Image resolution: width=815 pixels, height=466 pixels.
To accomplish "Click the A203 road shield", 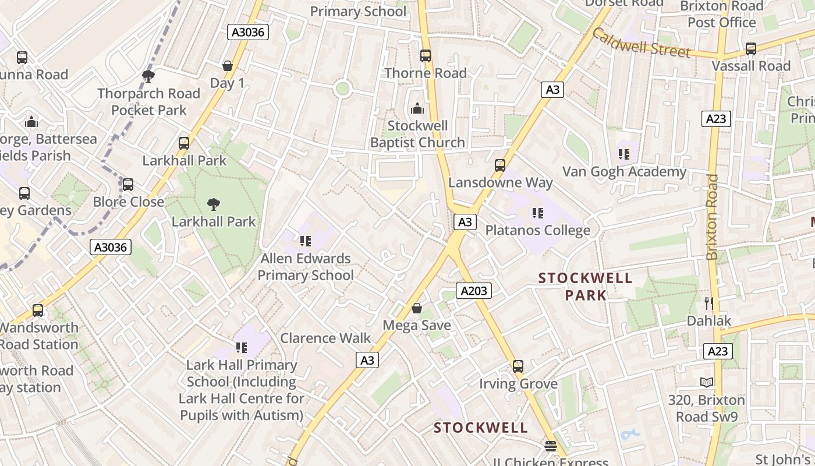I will (473, 291).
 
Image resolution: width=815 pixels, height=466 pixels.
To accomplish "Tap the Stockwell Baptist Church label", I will (417, 134).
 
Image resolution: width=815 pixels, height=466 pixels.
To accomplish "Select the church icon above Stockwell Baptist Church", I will (417, 108).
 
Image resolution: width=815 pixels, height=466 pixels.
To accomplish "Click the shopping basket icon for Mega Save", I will (417, 308).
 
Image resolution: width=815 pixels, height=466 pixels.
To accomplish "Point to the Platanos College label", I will (537, 231).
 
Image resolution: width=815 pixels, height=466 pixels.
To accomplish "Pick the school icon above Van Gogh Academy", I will (624, 154).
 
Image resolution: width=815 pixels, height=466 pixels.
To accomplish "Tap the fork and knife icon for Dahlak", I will (708, 303).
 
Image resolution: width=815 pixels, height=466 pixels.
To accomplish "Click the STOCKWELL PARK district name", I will (586, 286).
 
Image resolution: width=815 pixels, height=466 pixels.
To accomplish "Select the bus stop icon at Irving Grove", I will (518, 366).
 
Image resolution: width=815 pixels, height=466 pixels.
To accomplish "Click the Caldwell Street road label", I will (641, 43).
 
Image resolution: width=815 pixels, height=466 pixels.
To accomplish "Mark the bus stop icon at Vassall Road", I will (751, 48).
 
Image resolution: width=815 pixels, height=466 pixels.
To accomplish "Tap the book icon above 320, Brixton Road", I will (706, 382).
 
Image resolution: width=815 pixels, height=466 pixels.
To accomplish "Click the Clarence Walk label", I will (325, 338).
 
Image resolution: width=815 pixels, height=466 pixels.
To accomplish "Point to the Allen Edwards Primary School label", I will (306, 267).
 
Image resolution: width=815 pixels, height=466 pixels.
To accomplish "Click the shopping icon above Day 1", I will (228, 66).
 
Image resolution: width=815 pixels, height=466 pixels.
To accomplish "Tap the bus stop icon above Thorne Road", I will (426, 56).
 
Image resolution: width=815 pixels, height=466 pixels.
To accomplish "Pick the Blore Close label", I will (129, 202).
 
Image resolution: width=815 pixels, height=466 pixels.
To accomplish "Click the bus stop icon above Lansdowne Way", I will (500, 165).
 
